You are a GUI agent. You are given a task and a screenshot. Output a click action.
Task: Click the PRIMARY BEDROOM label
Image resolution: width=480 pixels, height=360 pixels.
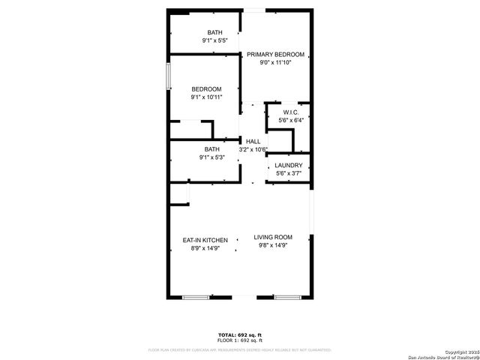[x=275, y=54]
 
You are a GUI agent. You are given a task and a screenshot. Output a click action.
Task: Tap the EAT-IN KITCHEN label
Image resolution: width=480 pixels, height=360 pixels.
[x=205, y=240]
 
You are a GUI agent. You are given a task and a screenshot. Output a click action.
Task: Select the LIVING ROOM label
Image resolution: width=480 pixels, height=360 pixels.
[x=273, y=236]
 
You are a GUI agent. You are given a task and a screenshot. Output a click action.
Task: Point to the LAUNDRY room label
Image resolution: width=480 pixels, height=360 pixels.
[x=289, y=165]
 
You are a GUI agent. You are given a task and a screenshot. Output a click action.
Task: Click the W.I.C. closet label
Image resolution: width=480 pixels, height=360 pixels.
[x=291, y=112]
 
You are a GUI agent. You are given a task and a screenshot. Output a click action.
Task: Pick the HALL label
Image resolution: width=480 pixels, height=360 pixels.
[x=253, y=141]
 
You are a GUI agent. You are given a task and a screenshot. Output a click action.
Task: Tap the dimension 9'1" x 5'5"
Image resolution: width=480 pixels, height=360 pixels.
[x=215, y=40]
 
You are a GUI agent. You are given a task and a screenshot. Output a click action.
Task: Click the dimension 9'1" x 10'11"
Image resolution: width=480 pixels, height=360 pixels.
[x=206, y=97]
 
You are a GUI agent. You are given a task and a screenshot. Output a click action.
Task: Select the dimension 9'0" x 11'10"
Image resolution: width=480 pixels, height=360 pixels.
[x=275, y=63]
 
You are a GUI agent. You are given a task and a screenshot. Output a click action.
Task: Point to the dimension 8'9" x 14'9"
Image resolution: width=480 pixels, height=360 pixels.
[x=205, y=248]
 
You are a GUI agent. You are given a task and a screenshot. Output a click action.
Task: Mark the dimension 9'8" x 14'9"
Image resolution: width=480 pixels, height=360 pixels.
[x=273, y=245]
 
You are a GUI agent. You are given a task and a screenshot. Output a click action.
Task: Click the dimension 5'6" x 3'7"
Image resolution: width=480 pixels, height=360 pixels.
[x=289, y=174]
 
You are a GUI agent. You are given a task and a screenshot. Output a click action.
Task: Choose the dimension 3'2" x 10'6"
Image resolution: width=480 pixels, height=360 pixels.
[x=253, y=149]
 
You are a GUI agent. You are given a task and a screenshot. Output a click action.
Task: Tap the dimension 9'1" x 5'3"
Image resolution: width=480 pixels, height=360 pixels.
[x=212, y=157]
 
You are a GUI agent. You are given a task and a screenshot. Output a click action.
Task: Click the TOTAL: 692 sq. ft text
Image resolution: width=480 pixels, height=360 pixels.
[x=240, y=334]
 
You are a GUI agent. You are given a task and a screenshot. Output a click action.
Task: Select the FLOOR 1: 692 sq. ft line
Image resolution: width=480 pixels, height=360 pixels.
[x=240, y=340]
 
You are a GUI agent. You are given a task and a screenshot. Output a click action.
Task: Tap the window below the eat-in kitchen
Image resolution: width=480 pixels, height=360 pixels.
[x=196, y=298]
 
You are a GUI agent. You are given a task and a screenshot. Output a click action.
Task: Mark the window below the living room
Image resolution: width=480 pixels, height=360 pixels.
[x=286, y=298]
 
